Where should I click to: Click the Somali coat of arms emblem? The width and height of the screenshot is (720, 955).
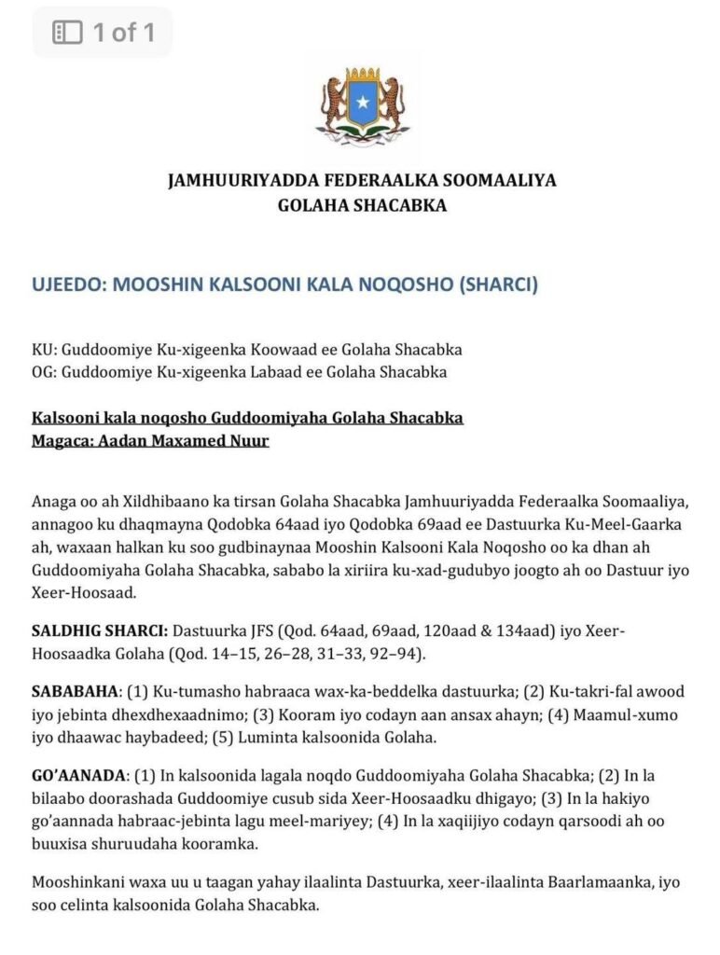pos(361,102)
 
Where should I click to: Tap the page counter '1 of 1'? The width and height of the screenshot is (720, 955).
pos(123,34)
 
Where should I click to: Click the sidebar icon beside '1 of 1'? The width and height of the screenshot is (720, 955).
pos(68,34)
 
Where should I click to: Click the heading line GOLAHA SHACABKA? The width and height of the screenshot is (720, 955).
pos(362,205)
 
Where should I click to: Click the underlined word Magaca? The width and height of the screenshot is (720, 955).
pos(61,440)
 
